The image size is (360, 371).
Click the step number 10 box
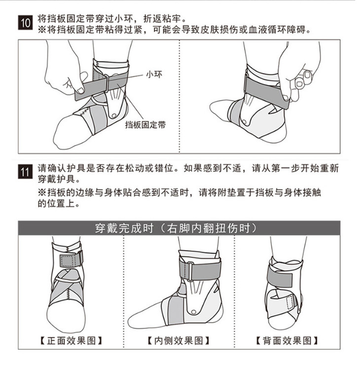[25, 23]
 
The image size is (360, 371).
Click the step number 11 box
[25, 172]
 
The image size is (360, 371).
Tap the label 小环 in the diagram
[154, 74]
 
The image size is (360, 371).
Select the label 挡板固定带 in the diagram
[145, 125]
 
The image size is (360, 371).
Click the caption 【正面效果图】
[71, 341]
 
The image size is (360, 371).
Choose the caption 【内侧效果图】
[179, 341]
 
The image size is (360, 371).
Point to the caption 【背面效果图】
[287, 341]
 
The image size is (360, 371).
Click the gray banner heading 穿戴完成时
[124, 228]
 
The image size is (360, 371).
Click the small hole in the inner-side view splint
[193, 312]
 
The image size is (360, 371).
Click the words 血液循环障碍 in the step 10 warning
[282, 30]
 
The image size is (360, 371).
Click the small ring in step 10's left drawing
[106, 83]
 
